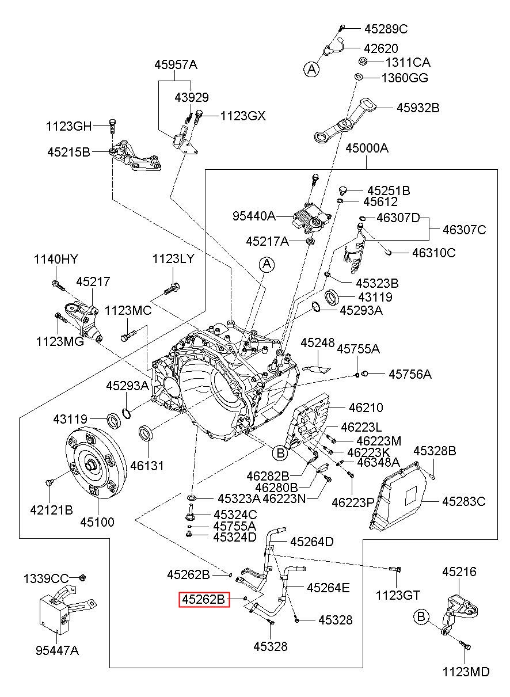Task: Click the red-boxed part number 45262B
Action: pyautogui.click(x=204, y=600)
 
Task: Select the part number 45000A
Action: pyautogui.click(x=367, y=148)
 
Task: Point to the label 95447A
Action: pyautogui.click(x=57, y=650)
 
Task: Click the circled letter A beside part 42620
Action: pyautogui.click(x=311, y=70)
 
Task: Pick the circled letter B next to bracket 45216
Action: pyautogui.click(x=421, y=617)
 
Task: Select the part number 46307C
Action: pyautogui.click(x=464, y=230)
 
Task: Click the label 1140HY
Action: pyautogui.click(x=55, y=259)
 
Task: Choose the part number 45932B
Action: pyautogui.click(x=417, y=108)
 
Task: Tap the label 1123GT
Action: pyautogui.click(x=398, y=595)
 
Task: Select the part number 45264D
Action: pyautogui.click(x=312, y=542)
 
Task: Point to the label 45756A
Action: pyautogui.click(x=409, y=374)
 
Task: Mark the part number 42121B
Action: pyautogui.click(x=51, y=509)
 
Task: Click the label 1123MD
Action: pyautogui.click(x=466, y=672)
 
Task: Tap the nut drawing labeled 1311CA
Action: pyautogui.click(x=363, y=62)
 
